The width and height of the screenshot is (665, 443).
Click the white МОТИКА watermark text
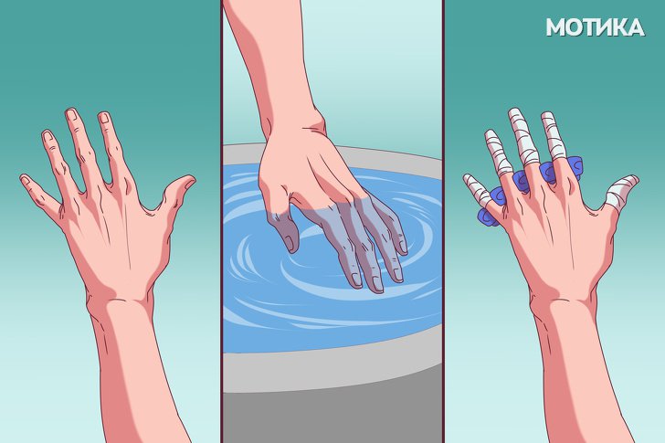595,27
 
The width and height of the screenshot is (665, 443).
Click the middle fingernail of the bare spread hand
71,115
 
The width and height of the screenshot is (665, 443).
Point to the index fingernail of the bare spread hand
104,118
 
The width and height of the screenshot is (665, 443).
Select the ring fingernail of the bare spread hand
47,136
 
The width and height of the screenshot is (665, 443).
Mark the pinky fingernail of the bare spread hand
25,180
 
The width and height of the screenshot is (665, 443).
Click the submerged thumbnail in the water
290,244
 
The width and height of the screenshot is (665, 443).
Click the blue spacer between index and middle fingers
573,165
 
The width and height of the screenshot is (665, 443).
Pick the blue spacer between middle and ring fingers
547,172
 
